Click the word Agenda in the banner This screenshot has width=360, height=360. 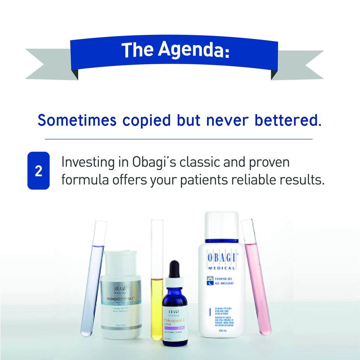194,50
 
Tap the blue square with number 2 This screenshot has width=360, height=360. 38,171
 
